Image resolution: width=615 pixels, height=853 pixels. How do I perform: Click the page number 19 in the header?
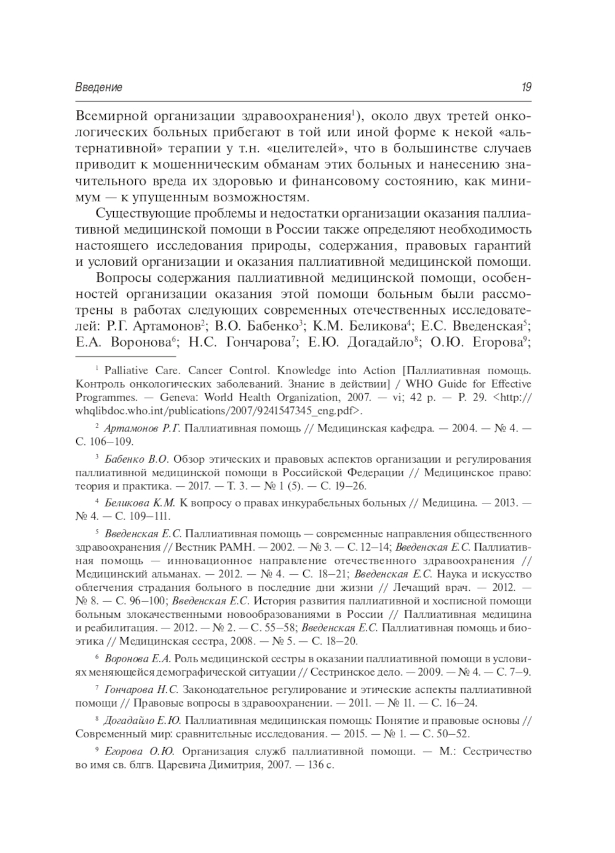pyautogui.click(x=526, y=87)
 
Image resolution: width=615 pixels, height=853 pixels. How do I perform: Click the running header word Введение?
pyautogui.click(x=98, y=87)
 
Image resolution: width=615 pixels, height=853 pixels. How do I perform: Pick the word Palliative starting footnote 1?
pyautogui.click(x=126, y=370)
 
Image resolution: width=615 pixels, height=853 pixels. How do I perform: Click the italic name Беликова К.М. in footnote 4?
pyautogui.click(x=140, y=503)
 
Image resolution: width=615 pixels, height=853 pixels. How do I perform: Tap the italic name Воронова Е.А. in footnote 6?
pyautogui.click(x=137, y=659)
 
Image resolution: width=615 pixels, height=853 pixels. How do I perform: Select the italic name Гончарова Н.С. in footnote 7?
pyautogui.click(x=141, y=689)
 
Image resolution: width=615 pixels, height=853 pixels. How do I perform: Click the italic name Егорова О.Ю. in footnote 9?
pyautogui.click(x=139, y=751)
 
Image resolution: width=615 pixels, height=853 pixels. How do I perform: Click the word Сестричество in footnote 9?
pyautogui.click(x=497, y=751)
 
